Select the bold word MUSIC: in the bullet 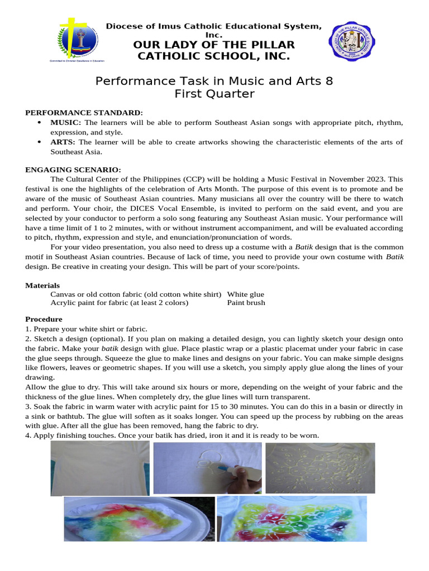tap(66, 122)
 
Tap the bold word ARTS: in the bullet tap(64, 142)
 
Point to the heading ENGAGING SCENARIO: tap(73, 170)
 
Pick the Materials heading tap(42, 285)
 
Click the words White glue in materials tap(245, 294)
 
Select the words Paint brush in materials tap(246, 303)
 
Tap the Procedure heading tap(44, 319)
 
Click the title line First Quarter tap(214, 94)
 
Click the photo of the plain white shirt tap(99, 468)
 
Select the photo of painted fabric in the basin tap(139, 519)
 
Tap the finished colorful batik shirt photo tap(292, 519)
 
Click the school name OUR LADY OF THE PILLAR tap(214, 45)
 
